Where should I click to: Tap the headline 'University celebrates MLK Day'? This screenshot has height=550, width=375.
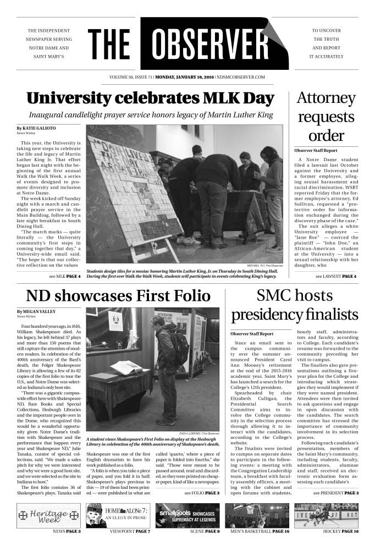click(x=150, y=99)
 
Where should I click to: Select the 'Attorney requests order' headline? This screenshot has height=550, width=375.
click(x=327, y=117)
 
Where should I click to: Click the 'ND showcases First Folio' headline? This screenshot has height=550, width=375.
click(x=118, y=296)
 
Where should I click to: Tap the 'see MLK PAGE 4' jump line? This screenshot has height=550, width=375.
click(x=65, y=276)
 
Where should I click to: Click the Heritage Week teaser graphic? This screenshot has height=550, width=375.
click(x=47, y=515)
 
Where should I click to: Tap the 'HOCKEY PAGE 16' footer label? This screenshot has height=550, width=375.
click(x=340, y=531)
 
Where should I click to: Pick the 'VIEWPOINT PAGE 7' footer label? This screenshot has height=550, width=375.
click(x=130, y=531)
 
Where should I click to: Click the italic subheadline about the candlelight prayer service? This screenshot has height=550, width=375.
click(x=150, y=115)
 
